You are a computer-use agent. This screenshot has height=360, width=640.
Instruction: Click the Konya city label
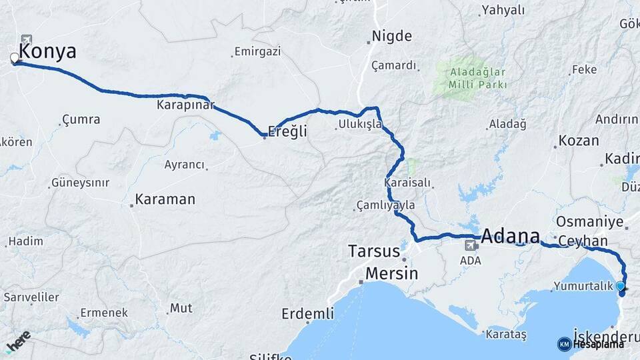click(47, 51)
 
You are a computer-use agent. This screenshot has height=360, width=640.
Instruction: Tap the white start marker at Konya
click(15, 58)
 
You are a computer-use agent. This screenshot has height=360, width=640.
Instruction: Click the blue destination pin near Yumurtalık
click(621, 287)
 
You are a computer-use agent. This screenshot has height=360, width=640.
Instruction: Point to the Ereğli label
click(287, 131)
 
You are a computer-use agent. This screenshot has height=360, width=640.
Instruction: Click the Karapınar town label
click(185, 105)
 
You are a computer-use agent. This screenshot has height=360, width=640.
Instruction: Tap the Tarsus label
click(373, 251)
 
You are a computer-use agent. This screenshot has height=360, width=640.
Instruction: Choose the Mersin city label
click(391, 273)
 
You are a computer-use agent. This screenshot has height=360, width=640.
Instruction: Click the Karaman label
click(165, 199)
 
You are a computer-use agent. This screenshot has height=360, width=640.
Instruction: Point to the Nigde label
click(392, 36)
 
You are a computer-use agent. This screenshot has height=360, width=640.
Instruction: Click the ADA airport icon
click(471, 246)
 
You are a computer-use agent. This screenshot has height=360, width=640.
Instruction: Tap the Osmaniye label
click(589, 221)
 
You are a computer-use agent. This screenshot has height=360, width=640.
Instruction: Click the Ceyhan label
click(583, 241)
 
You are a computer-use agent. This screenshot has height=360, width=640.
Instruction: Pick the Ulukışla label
click(359, 124)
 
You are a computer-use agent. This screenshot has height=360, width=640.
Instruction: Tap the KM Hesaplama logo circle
click(564, 344)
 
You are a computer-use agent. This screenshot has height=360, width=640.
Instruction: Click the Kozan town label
click(579, 141)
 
